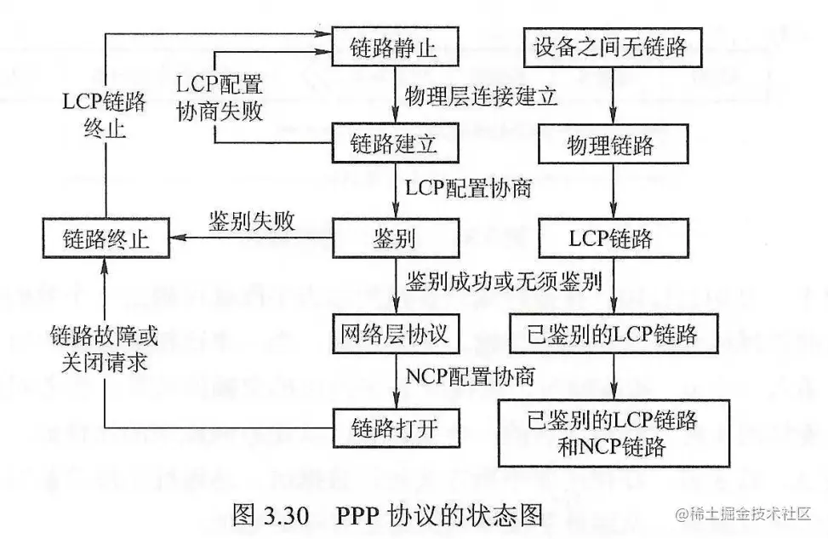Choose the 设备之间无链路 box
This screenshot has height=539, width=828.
click(x=610, y=48)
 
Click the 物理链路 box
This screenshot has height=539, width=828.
click(x=610, y=144)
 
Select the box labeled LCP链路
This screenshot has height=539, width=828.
click(x=610, y=238)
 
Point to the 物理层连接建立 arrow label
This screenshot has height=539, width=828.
click(x=481, y=95)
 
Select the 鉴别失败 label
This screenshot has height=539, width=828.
click(x=251, y=222)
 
